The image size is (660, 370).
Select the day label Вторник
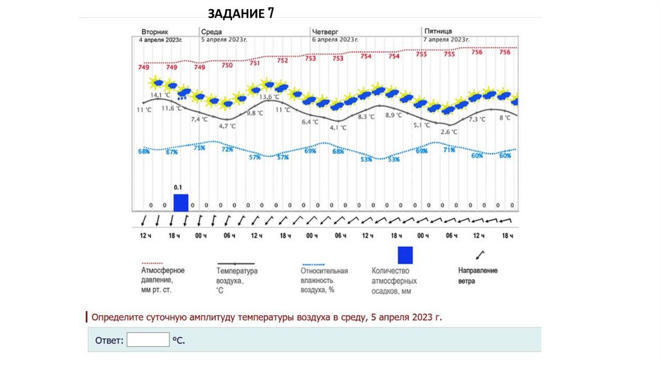155,31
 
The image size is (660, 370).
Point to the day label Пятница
438,31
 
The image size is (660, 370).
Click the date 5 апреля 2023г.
224,39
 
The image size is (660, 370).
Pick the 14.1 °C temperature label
160,95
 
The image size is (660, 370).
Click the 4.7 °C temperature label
228,126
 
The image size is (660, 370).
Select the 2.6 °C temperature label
449,131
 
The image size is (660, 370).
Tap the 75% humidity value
199,148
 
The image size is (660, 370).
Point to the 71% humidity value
449,150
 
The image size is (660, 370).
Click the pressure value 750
228,65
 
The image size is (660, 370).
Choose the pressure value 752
282,61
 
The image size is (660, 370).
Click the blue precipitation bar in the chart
181,202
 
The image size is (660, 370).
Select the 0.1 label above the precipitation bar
178,187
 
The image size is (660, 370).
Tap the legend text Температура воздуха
237,276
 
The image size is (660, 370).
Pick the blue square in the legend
405,255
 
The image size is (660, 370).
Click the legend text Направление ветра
478,276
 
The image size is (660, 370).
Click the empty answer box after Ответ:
148,339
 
